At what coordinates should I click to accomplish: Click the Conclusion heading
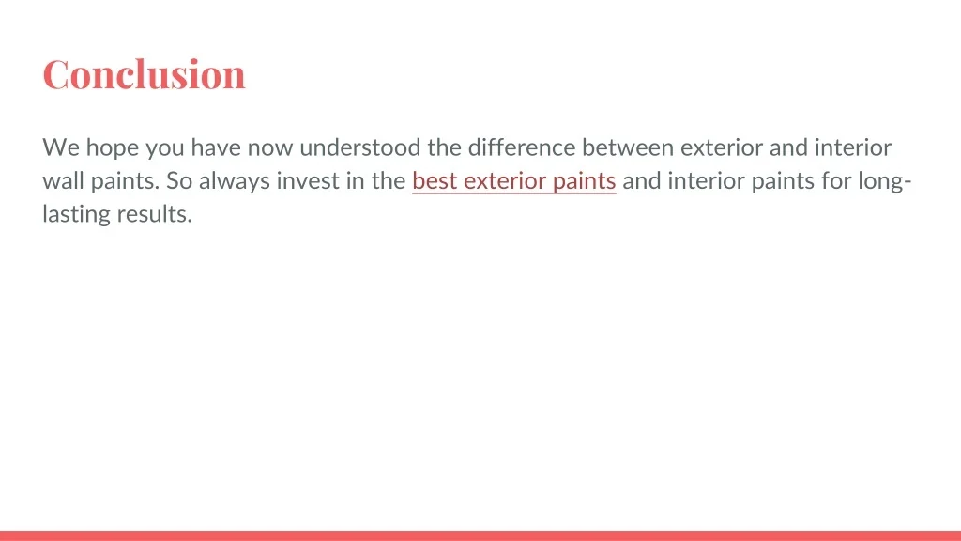tap(144, 75)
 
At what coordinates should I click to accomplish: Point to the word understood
tap(360, 147)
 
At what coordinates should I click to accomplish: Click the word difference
tap(522, 147)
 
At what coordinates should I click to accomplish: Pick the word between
tap(628, 147)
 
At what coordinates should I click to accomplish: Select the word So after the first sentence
tap(179, 181)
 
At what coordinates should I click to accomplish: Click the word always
tap(234, 182)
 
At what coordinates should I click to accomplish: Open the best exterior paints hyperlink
tap(513, 181)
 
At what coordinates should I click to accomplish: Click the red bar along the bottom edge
tap(480, 535)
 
